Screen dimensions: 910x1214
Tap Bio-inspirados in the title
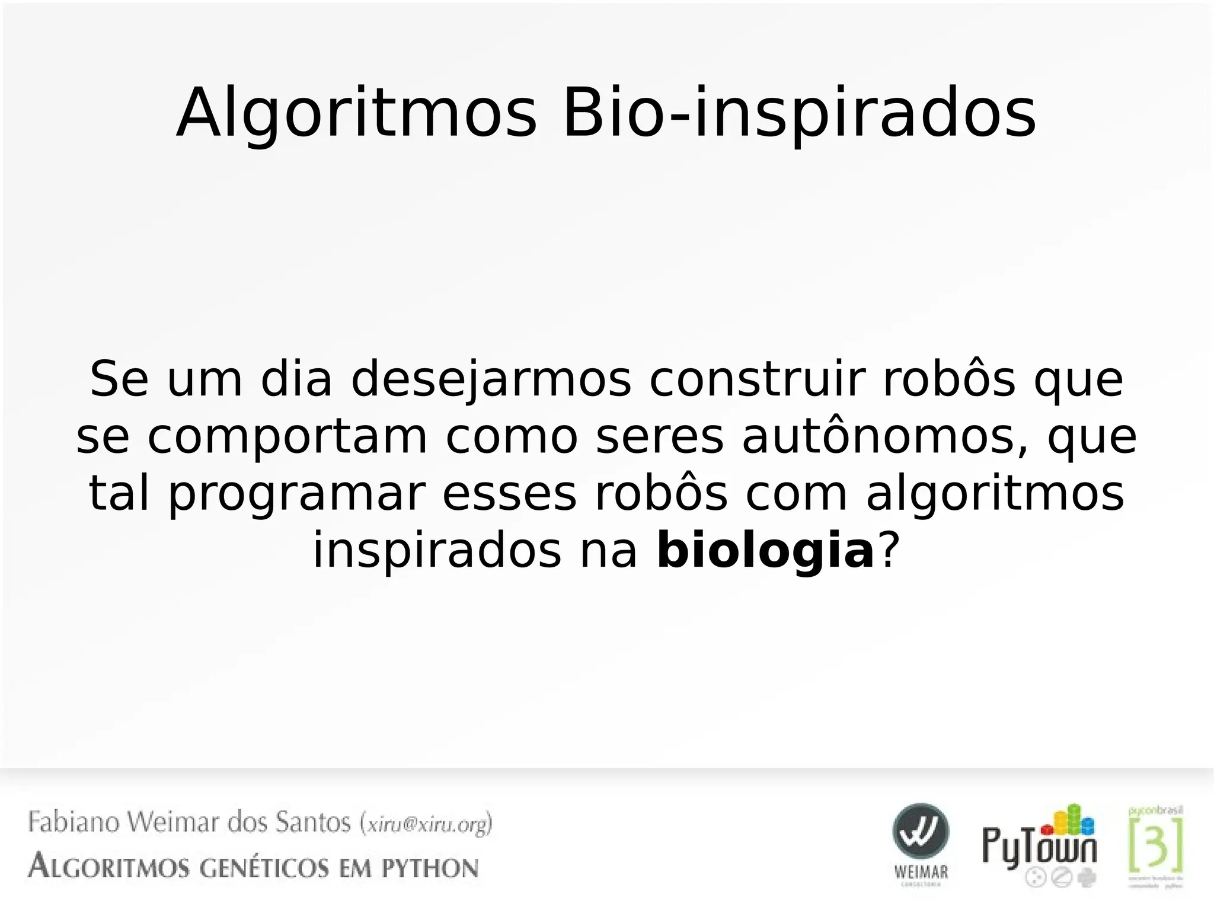(x=799, y=114)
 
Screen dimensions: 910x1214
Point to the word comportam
(x=287, y=438)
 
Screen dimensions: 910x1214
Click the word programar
(x=297, y=495)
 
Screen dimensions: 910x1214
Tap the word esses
(x=509, y=495)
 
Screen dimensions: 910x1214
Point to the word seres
(x=660, y=438)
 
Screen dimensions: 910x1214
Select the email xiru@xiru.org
(x=427, y=824)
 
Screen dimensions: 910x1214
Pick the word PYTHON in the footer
(x=429, y=869)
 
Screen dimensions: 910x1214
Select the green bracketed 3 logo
(x=1155, y=844)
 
